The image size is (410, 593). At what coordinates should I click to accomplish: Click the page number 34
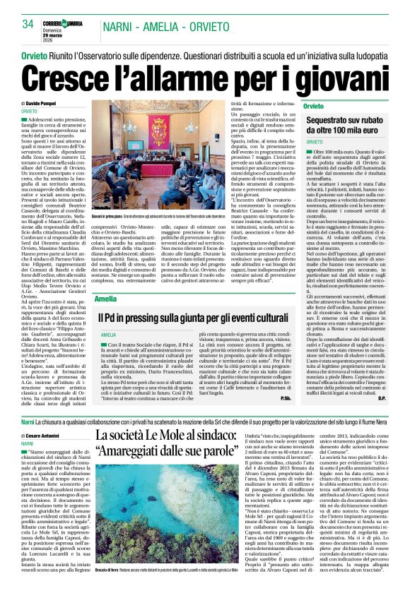28,24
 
